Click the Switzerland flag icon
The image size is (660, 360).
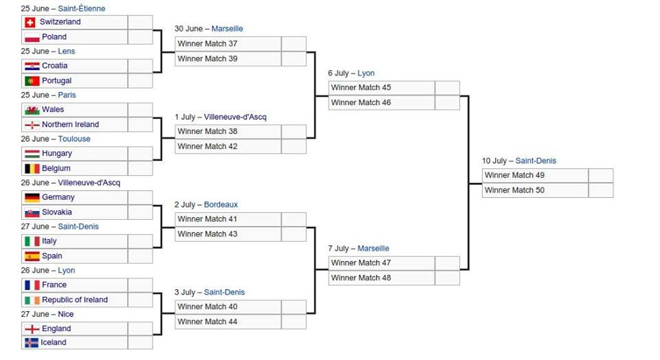30,22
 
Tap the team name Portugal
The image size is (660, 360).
56,80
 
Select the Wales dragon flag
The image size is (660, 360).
32,110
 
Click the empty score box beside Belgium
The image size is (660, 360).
140,168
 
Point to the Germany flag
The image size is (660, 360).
32,197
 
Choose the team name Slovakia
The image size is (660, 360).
57,212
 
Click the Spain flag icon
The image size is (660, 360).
32,256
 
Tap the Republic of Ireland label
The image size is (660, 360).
75,300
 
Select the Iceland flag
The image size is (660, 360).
32,343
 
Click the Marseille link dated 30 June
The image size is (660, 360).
228,29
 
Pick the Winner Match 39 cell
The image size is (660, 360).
228,59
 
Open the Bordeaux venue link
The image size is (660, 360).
221,205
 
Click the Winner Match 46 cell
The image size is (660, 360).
382,102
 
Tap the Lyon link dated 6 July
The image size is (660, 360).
366,74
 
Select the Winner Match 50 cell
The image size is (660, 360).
535,190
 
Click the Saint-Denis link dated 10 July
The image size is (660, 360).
536,161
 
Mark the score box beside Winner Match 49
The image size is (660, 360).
601,175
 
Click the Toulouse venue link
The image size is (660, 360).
74,139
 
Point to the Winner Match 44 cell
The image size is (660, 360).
228,322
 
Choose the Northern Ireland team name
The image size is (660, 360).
70,124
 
